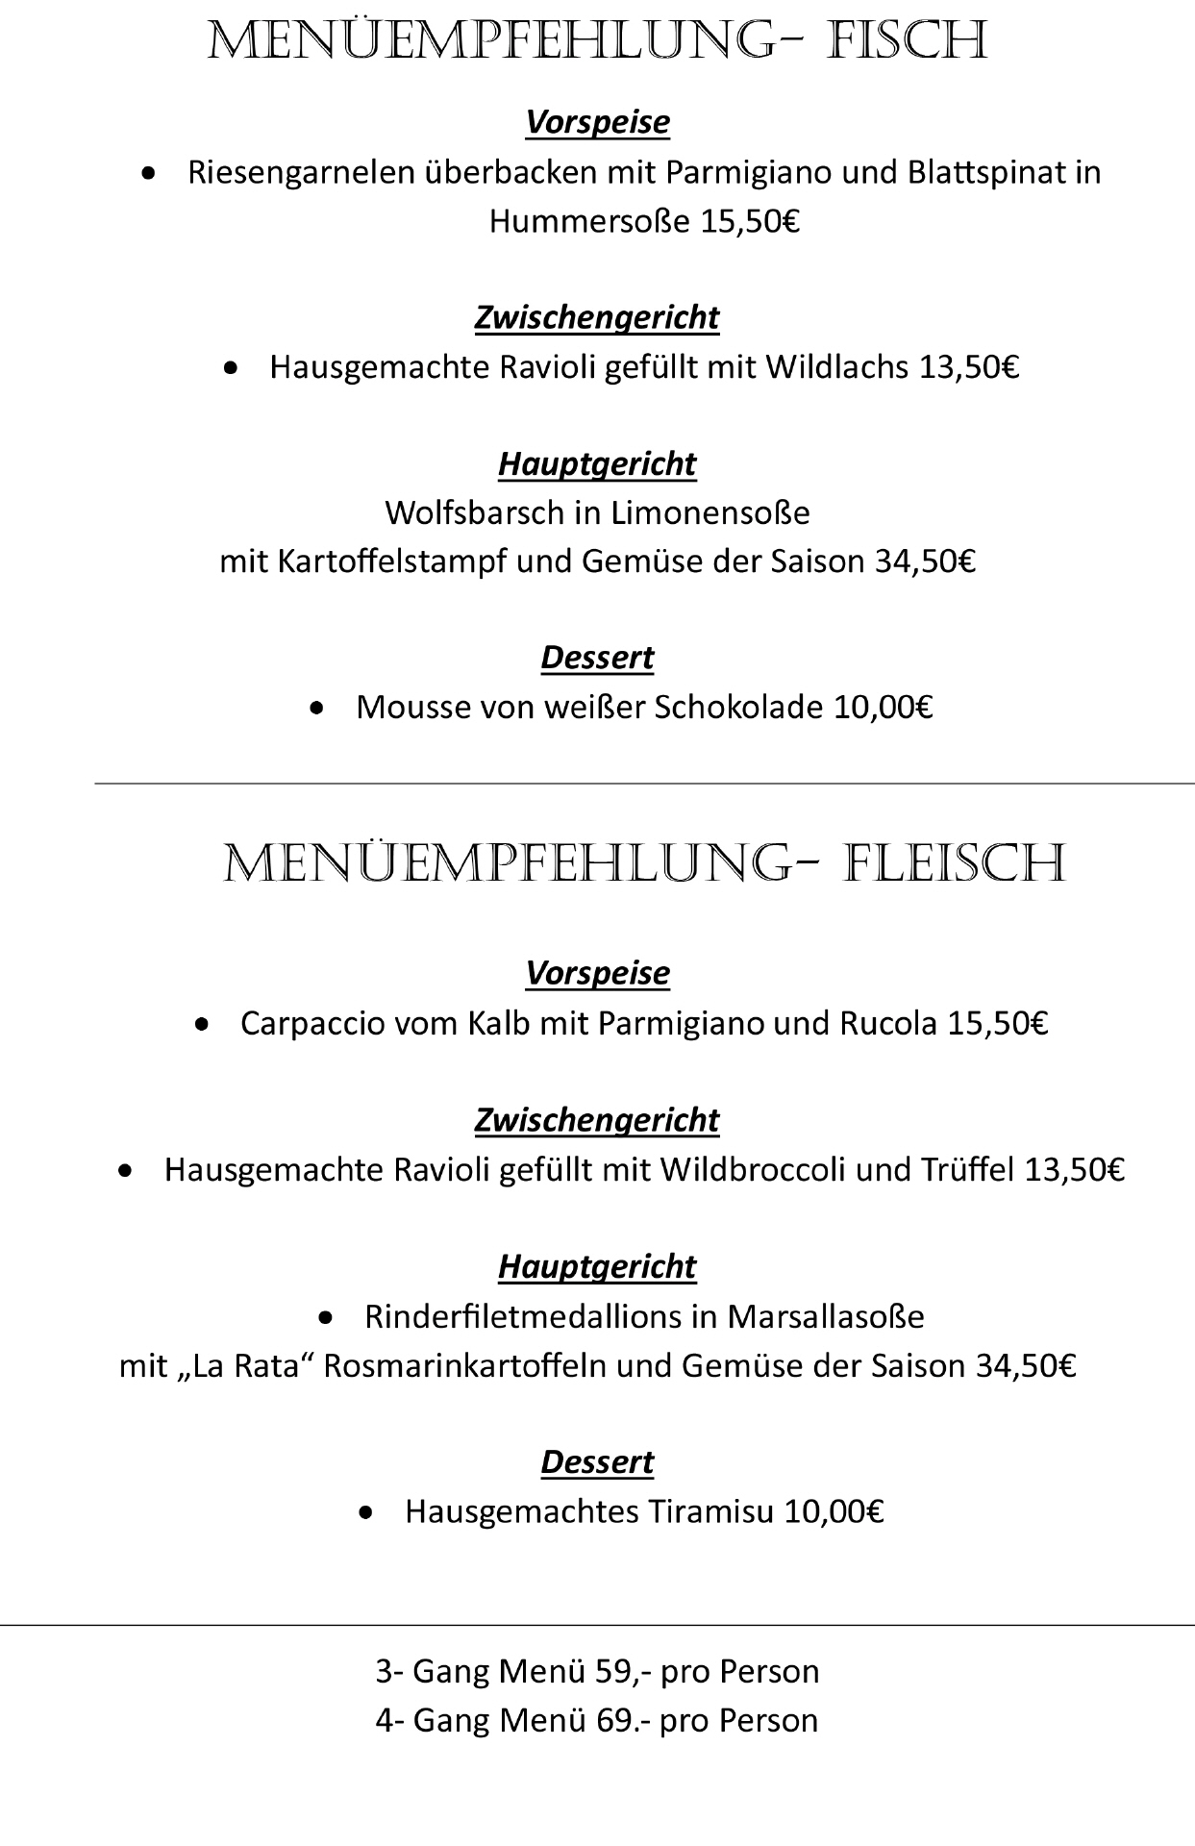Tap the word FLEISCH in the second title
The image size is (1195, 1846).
[955, 863]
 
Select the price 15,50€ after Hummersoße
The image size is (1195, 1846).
[750, 222]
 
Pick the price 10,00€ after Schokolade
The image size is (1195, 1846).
[883, 708]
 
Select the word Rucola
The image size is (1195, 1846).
[888, 1023]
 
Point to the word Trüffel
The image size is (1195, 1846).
[968, 1170]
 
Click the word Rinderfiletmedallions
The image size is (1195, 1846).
[523, 1316]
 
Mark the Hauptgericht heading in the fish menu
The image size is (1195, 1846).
[597, 464]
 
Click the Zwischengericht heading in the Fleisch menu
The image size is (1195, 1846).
[597, 1120]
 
